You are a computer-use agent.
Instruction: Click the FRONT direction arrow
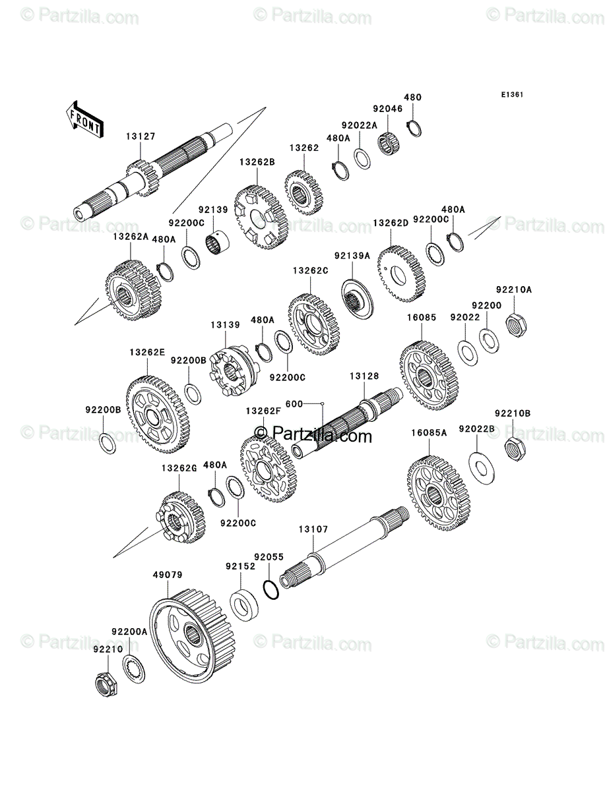[x=84, y=119]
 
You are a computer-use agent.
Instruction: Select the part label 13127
[x=141, y=136]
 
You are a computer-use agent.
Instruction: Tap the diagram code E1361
[x=512, y=95]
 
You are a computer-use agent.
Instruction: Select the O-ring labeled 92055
[x=271, y=589]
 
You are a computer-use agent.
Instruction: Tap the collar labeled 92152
[x=244, y=604]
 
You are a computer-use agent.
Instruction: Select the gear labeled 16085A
[x=439, y=492]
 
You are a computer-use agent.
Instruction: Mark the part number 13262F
[x=263, y=411]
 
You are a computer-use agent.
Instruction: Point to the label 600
[x=294, y=404]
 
